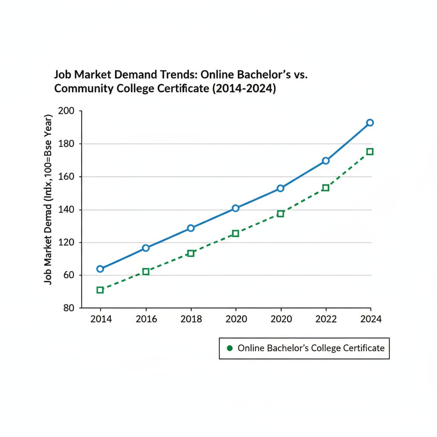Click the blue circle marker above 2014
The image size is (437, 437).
(100, 269)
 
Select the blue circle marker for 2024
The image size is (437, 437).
(370, 123)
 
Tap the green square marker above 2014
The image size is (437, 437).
(100, 290)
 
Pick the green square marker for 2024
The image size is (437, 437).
(370, 151)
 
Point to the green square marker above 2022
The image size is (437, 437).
(326, 188)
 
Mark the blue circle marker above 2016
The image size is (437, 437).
(146, 248)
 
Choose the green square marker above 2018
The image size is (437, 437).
(191, 253)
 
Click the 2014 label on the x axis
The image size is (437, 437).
(101, 319)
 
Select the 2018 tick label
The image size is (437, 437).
(191, 319)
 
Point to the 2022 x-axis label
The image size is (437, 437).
(326, 319)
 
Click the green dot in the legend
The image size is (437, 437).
(229, 348)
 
